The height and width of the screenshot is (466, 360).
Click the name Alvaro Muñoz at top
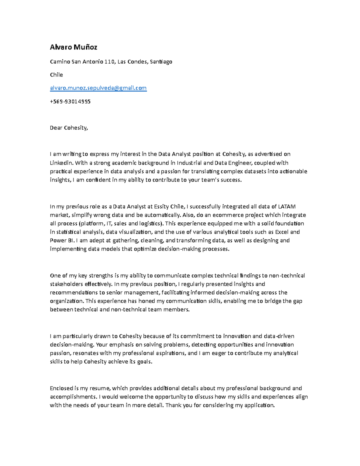[73, 47]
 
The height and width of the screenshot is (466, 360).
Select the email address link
[98, 88]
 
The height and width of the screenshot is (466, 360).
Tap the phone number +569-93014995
[70, 101]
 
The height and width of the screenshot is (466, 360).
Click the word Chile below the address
[56, 75]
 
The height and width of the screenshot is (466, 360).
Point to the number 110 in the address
[109, 62]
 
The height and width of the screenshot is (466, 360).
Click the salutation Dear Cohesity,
[69, 128]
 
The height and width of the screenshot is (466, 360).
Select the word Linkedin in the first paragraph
[61, 163]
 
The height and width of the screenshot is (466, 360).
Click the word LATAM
[286, 206]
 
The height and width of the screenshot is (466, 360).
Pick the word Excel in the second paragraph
[282, 232]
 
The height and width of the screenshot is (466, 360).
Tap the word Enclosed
[61, 388]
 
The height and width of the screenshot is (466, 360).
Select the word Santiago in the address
[161, 62]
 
